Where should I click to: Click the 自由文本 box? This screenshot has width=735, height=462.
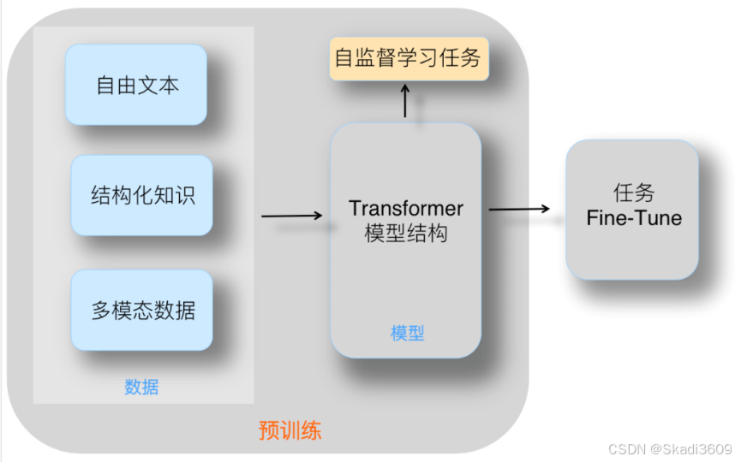tap(137, 86)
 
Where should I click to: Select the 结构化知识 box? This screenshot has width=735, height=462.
tap(142, 195)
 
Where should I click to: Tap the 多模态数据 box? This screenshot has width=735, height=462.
tap(142, 310)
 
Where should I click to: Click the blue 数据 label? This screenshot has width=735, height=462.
tap(141, 387)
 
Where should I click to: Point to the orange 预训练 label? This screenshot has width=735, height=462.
tap(290, 429)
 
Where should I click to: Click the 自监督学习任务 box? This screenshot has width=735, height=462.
tap(408, 58)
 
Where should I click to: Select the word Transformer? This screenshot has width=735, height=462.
tap(406, 209)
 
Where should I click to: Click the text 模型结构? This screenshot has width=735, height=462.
tap(406, 233)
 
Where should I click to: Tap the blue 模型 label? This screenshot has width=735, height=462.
tap(407, 334)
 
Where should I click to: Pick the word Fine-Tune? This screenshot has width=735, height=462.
tap(634, 218)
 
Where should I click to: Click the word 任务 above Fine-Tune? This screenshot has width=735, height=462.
tap(634, 192)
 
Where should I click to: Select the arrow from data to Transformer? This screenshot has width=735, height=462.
tap(292, 216)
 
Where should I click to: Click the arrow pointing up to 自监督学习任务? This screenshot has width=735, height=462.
tap(405, 101)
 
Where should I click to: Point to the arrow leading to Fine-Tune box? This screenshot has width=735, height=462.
tap(519, 209)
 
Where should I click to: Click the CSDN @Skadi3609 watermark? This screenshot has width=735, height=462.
tap(669, 449)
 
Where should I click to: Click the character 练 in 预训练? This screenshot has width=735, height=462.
tap(311, 429)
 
